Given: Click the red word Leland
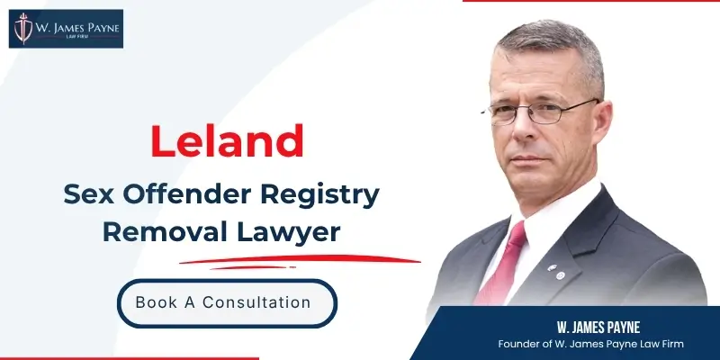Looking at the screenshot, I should (x=226, y=141).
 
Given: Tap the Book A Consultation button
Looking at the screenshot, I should (x=227, y=302).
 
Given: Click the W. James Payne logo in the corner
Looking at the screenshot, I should (x=65, y=29).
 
